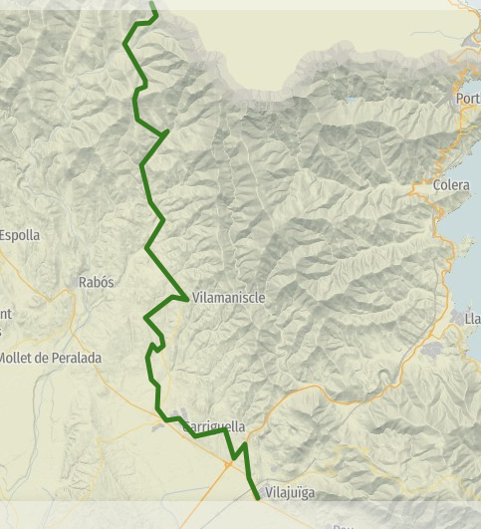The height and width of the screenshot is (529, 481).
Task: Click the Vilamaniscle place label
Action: (x=230, y=297)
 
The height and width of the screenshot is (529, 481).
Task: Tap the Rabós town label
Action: (x=96, y=282)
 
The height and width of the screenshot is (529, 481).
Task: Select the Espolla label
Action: (x=20, y=235)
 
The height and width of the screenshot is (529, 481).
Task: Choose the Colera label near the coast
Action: (x=452, y=185)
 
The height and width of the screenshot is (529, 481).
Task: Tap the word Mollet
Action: (x=18, y=358)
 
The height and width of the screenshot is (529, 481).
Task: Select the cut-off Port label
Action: (x=467, y=99)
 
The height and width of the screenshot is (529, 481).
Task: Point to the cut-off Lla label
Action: (x=472, y=319)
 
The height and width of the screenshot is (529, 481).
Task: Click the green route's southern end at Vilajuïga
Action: (x=257, y=497)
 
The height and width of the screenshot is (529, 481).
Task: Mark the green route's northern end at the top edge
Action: (x=151, y=4)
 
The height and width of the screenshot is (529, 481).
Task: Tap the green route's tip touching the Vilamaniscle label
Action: (x=186, y=298)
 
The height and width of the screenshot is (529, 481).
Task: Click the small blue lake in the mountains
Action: (x=355, y=100)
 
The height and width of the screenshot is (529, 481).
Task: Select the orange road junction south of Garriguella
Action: (x=229, y=463)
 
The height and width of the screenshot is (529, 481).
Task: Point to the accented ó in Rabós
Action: (x=105, y=282)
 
